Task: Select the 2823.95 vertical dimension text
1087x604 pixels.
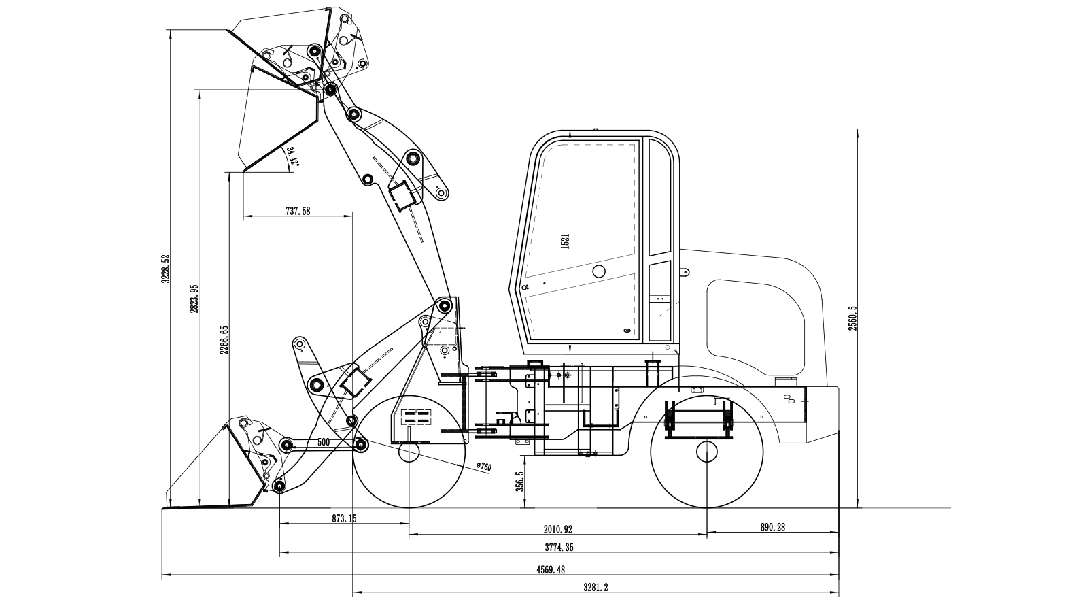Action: click(194, 299)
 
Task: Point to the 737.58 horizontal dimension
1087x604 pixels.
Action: click(298, 212)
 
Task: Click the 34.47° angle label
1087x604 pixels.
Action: click(293, 156)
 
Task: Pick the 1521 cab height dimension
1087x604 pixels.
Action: click(565, 242)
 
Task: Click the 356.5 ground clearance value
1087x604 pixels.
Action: click(520, 482)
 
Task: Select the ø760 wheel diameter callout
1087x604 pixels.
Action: click(483, 466)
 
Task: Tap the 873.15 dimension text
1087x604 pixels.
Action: click(344, 518)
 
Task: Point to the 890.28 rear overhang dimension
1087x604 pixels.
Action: click(772, 527)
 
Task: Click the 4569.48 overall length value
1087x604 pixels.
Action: click(551, 569)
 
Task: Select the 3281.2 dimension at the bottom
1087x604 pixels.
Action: click(596, 587)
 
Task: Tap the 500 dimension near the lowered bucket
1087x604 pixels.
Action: click(324, 442)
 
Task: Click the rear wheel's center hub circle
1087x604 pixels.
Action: click(707, 452)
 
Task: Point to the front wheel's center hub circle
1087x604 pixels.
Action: click(409, 452)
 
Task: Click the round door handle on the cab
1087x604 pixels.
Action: click(598, 272)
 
